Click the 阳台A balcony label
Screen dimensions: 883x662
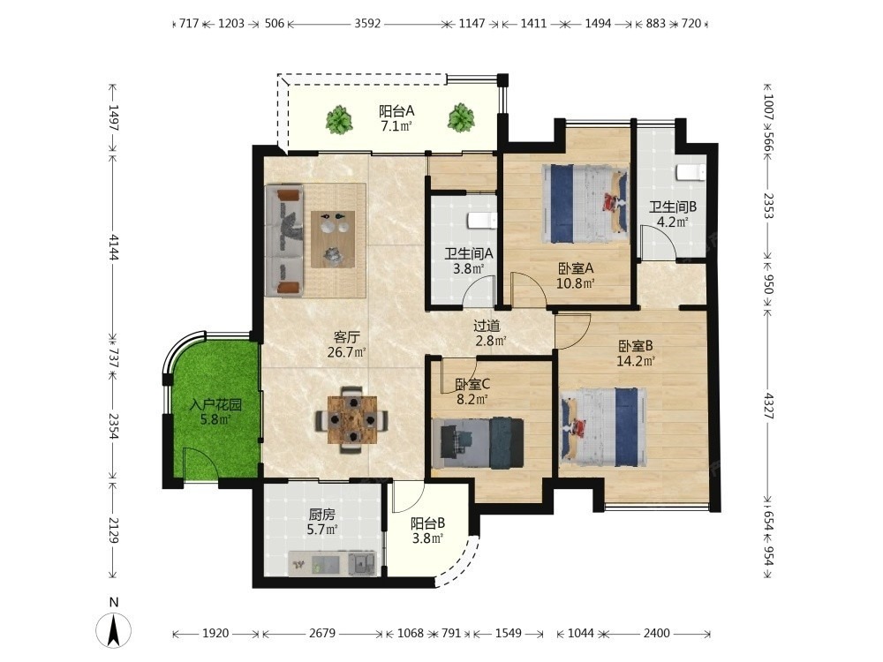click(396, 111)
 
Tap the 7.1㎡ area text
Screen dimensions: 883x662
click(396, 126)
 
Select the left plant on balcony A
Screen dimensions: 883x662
click(339, 119)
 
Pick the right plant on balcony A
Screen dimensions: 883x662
click(461, 118)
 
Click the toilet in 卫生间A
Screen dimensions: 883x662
click(481, 221)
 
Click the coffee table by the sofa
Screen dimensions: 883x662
click(333, 239)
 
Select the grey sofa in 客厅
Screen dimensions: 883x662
click(285, 241)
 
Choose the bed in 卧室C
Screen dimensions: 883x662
click(478, 442)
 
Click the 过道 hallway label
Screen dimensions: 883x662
click(487, 326)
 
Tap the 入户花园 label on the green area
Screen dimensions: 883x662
click(215, 405)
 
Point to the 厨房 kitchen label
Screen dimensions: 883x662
click(321, 515)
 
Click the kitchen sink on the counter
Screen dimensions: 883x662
click(362, 563)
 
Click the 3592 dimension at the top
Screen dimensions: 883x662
click(367, 24)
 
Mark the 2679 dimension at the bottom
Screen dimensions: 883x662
click(322, 633)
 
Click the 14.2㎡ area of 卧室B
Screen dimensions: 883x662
click(636, 361)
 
